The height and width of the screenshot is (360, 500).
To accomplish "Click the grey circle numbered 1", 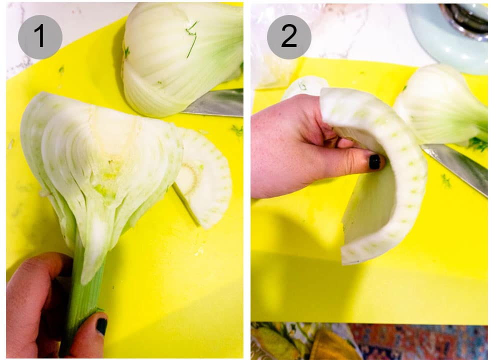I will pyautogui.click(x=40, y=37).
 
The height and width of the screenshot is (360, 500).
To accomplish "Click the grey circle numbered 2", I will pyautogui.click(x=289, y=37).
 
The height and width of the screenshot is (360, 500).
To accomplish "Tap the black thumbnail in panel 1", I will pyautogui.click(x=101, y=326).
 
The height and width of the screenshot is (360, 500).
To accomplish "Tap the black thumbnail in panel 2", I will pyautogui.click(x=374, y=161).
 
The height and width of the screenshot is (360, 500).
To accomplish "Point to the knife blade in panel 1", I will pyautogui.click(x=215, y=103).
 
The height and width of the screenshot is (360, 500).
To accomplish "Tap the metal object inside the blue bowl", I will pyautogui.click(x=465, y=17).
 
